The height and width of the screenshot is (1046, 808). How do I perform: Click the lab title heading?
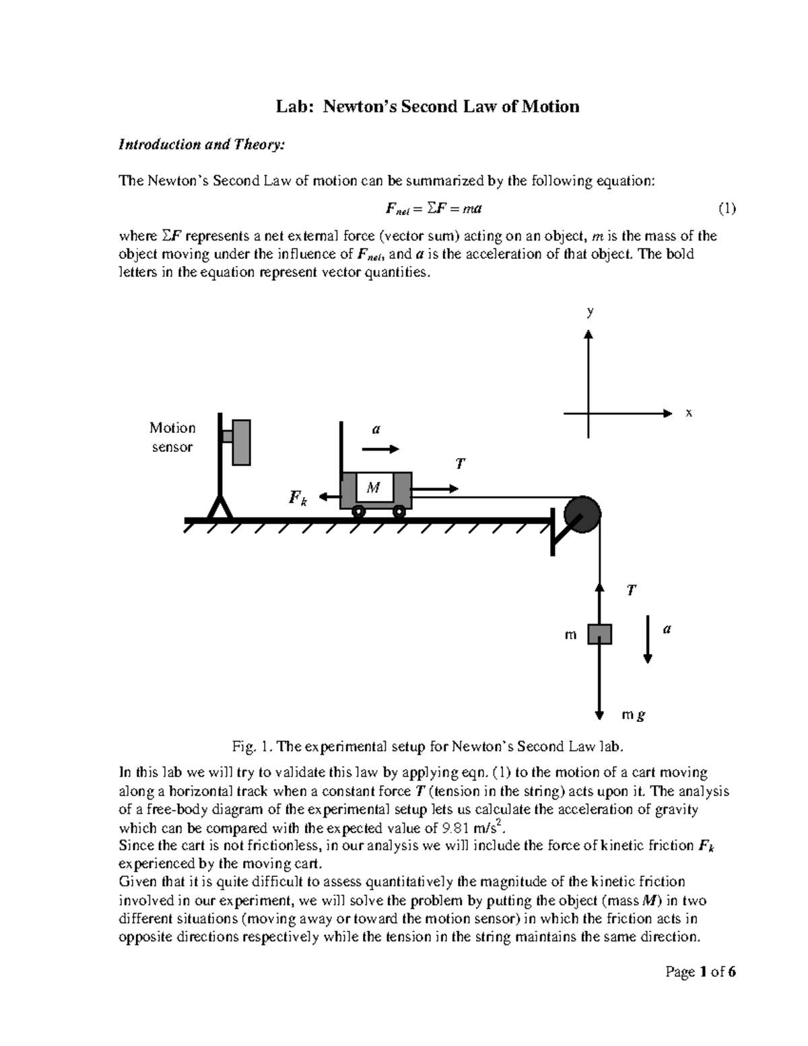(428, 106)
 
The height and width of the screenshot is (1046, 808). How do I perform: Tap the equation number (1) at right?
(727, 209)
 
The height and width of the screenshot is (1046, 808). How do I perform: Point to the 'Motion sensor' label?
(172, 437)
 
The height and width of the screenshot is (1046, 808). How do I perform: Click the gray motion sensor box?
(241, 443)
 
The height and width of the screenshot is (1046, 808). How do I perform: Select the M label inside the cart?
(374, 487)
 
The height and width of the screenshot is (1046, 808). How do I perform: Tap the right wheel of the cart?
(399, 512)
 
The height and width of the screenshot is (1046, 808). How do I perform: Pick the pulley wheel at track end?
(581, 515)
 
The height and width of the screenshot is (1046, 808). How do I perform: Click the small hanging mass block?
(599, 634)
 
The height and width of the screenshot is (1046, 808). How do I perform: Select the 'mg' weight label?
(633, 715)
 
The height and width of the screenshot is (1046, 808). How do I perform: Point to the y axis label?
(590, 311)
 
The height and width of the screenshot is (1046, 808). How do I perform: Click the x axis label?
(688, 412)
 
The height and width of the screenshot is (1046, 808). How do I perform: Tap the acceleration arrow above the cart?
(380, 449)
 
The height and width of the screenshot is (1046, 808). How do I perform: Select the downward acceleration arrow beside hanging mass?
(647, 639)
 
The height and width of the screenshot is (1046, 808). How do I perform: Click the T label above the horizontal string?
(461, 463)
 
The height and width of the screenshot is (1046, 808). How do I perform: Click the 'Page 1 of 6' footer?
(700, 972)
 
